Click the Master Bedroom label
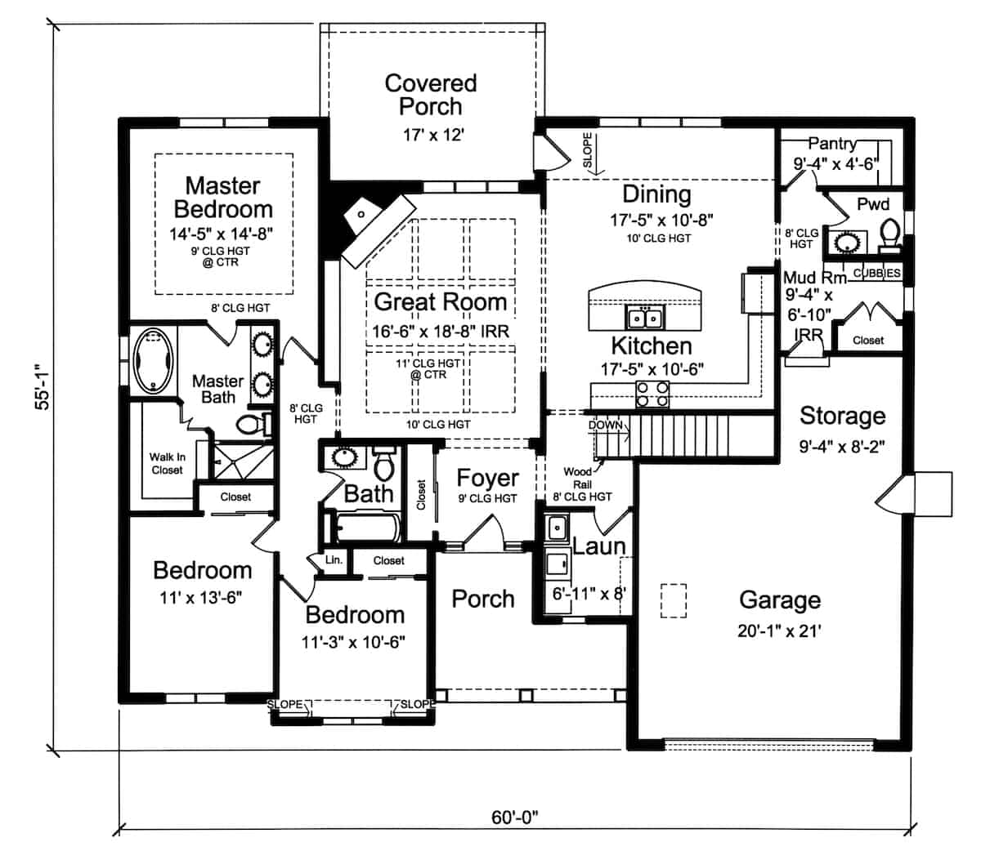pos(222,197)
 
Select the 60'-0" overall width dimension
pos(516,816)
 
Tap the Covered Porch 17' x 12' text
pos(431,135)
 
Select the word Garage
pos(779,600)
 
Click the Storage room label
pos(842,416)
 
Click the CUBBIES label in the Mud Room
pos(876,273)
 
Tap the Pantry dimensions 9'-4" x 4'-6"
pos(835,163)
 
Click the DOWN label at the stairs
pos(605,426)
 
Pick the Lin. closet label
pos(334,560)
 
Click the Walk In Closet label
pos(167,463)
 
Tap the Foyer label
pos(487,479)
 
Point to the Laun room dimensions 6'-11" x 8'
pos(588,594)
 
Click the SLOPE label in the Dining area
pos(588,152)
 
